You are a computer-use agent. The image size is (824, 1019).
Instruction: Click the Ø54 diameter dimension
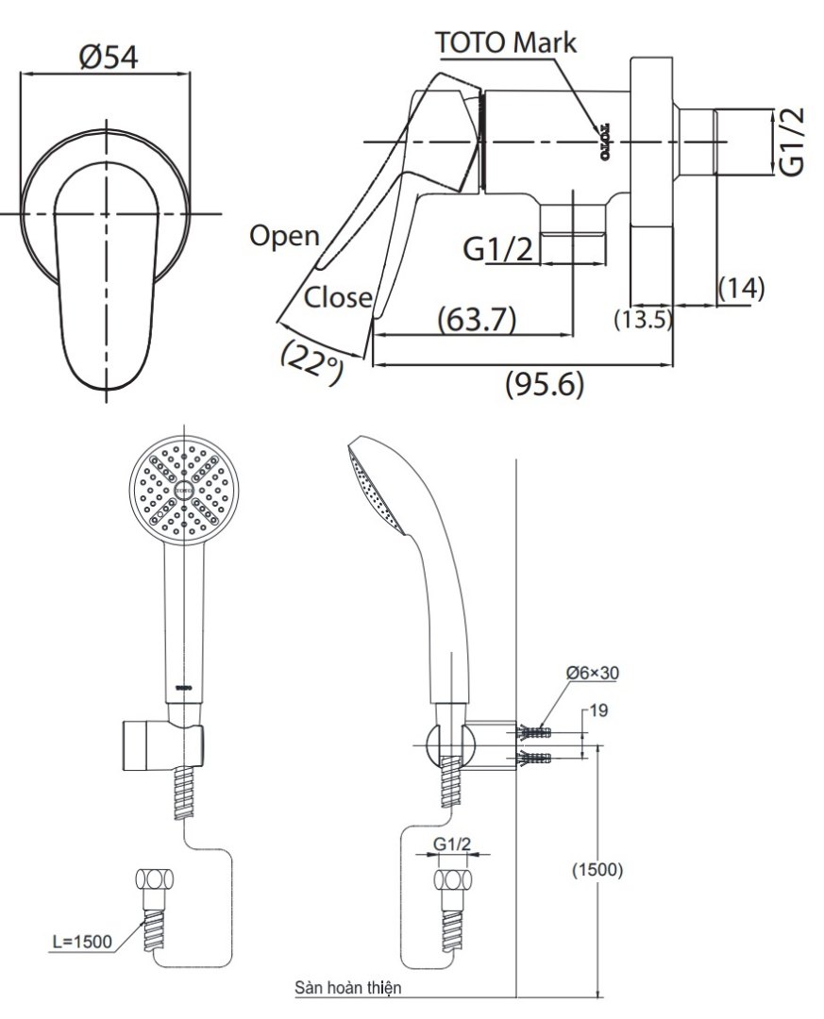(x=109, y=57)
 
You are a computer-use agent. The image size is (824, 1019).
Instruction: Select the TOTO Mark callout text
(x=506, y=42)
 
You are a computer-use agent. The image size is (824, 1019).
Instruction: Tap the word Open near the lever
(x=284, y=236)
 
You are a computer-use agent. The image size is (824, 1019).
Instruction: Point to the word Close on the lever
(x=338, y=298)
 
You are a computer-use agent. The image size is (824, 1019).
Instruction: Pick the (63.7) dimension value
(x=477, y=320)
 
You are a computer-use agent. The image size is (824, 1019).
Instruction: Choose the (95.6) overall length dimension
(x=546, y=384)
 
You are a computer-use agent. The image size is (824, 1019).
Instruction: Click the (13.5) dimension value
(x=643, y=320)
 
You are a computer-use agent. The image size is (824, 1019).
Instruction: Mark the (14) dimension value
(x=741, y=288)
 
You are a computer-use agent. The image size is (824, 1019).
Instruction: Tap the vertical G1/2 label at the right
(x=795, y=142)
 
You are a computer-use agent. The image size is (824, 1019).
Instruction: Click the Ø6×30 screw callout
(x=594, y=673)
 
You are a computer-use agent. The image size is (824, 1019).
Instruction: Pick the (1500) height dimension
(x=597, y=870)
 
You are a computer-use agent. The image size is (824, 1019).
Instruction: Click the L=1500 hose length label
(x=84, y=941)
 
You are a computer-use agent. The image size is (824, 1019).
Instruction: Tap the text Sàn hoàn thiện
(x=348, y=988)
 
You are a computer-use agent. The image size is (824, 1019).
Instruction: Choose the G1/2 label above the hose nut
(x=452, y=846)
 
